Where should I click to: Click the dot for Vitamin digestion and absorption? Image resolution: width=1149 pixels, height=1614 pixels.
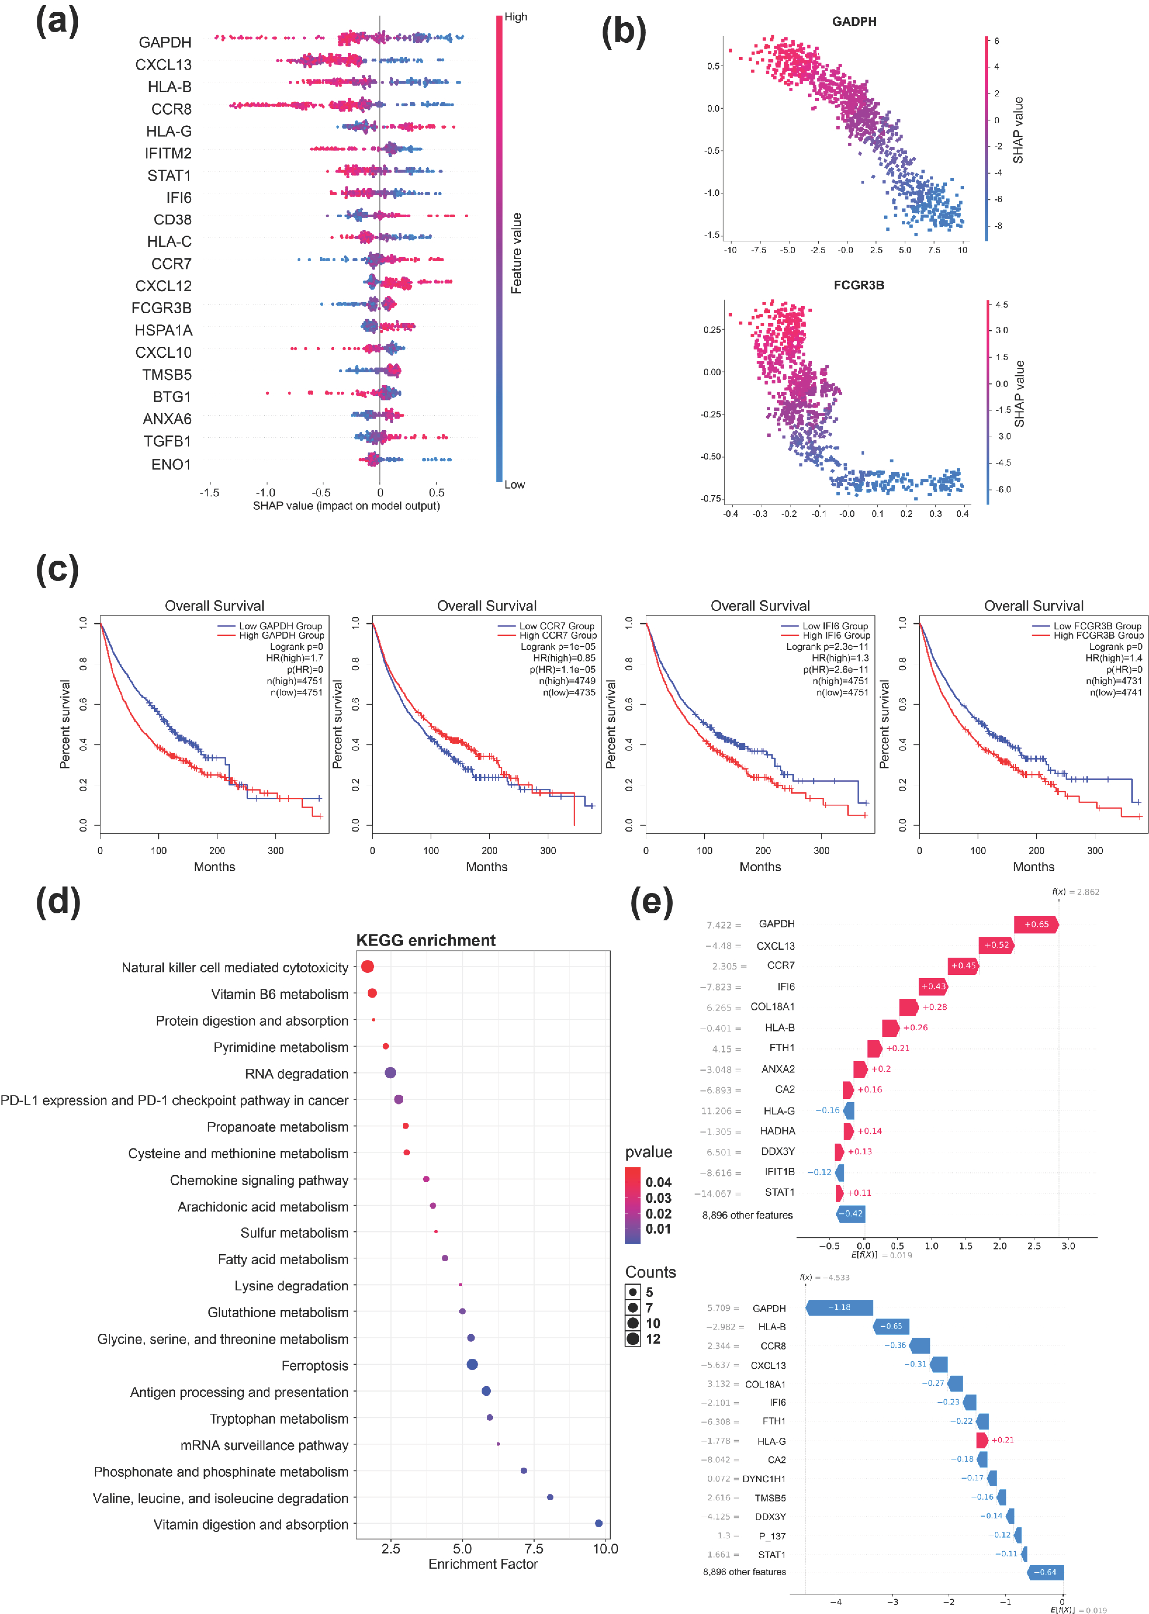598,1523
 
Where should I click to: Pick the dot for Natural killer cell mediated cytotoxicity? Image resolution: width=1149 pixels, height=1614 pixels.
367,967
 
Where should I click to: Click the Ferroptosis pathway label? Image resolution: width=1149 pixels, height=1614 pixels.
315,1366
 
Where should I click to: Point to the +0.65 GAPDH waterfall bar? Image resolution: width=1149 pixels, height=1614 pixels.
1036,924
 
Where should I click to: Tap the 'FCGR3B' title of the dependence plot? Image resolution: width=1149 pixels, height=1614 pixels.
858,285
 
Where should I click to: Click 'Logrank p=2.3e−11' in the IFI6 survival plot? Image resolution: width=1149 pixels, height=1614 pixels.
827,647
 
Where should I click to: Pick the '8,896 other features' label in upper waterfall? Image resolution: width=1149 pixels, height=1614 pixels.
747,1215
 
